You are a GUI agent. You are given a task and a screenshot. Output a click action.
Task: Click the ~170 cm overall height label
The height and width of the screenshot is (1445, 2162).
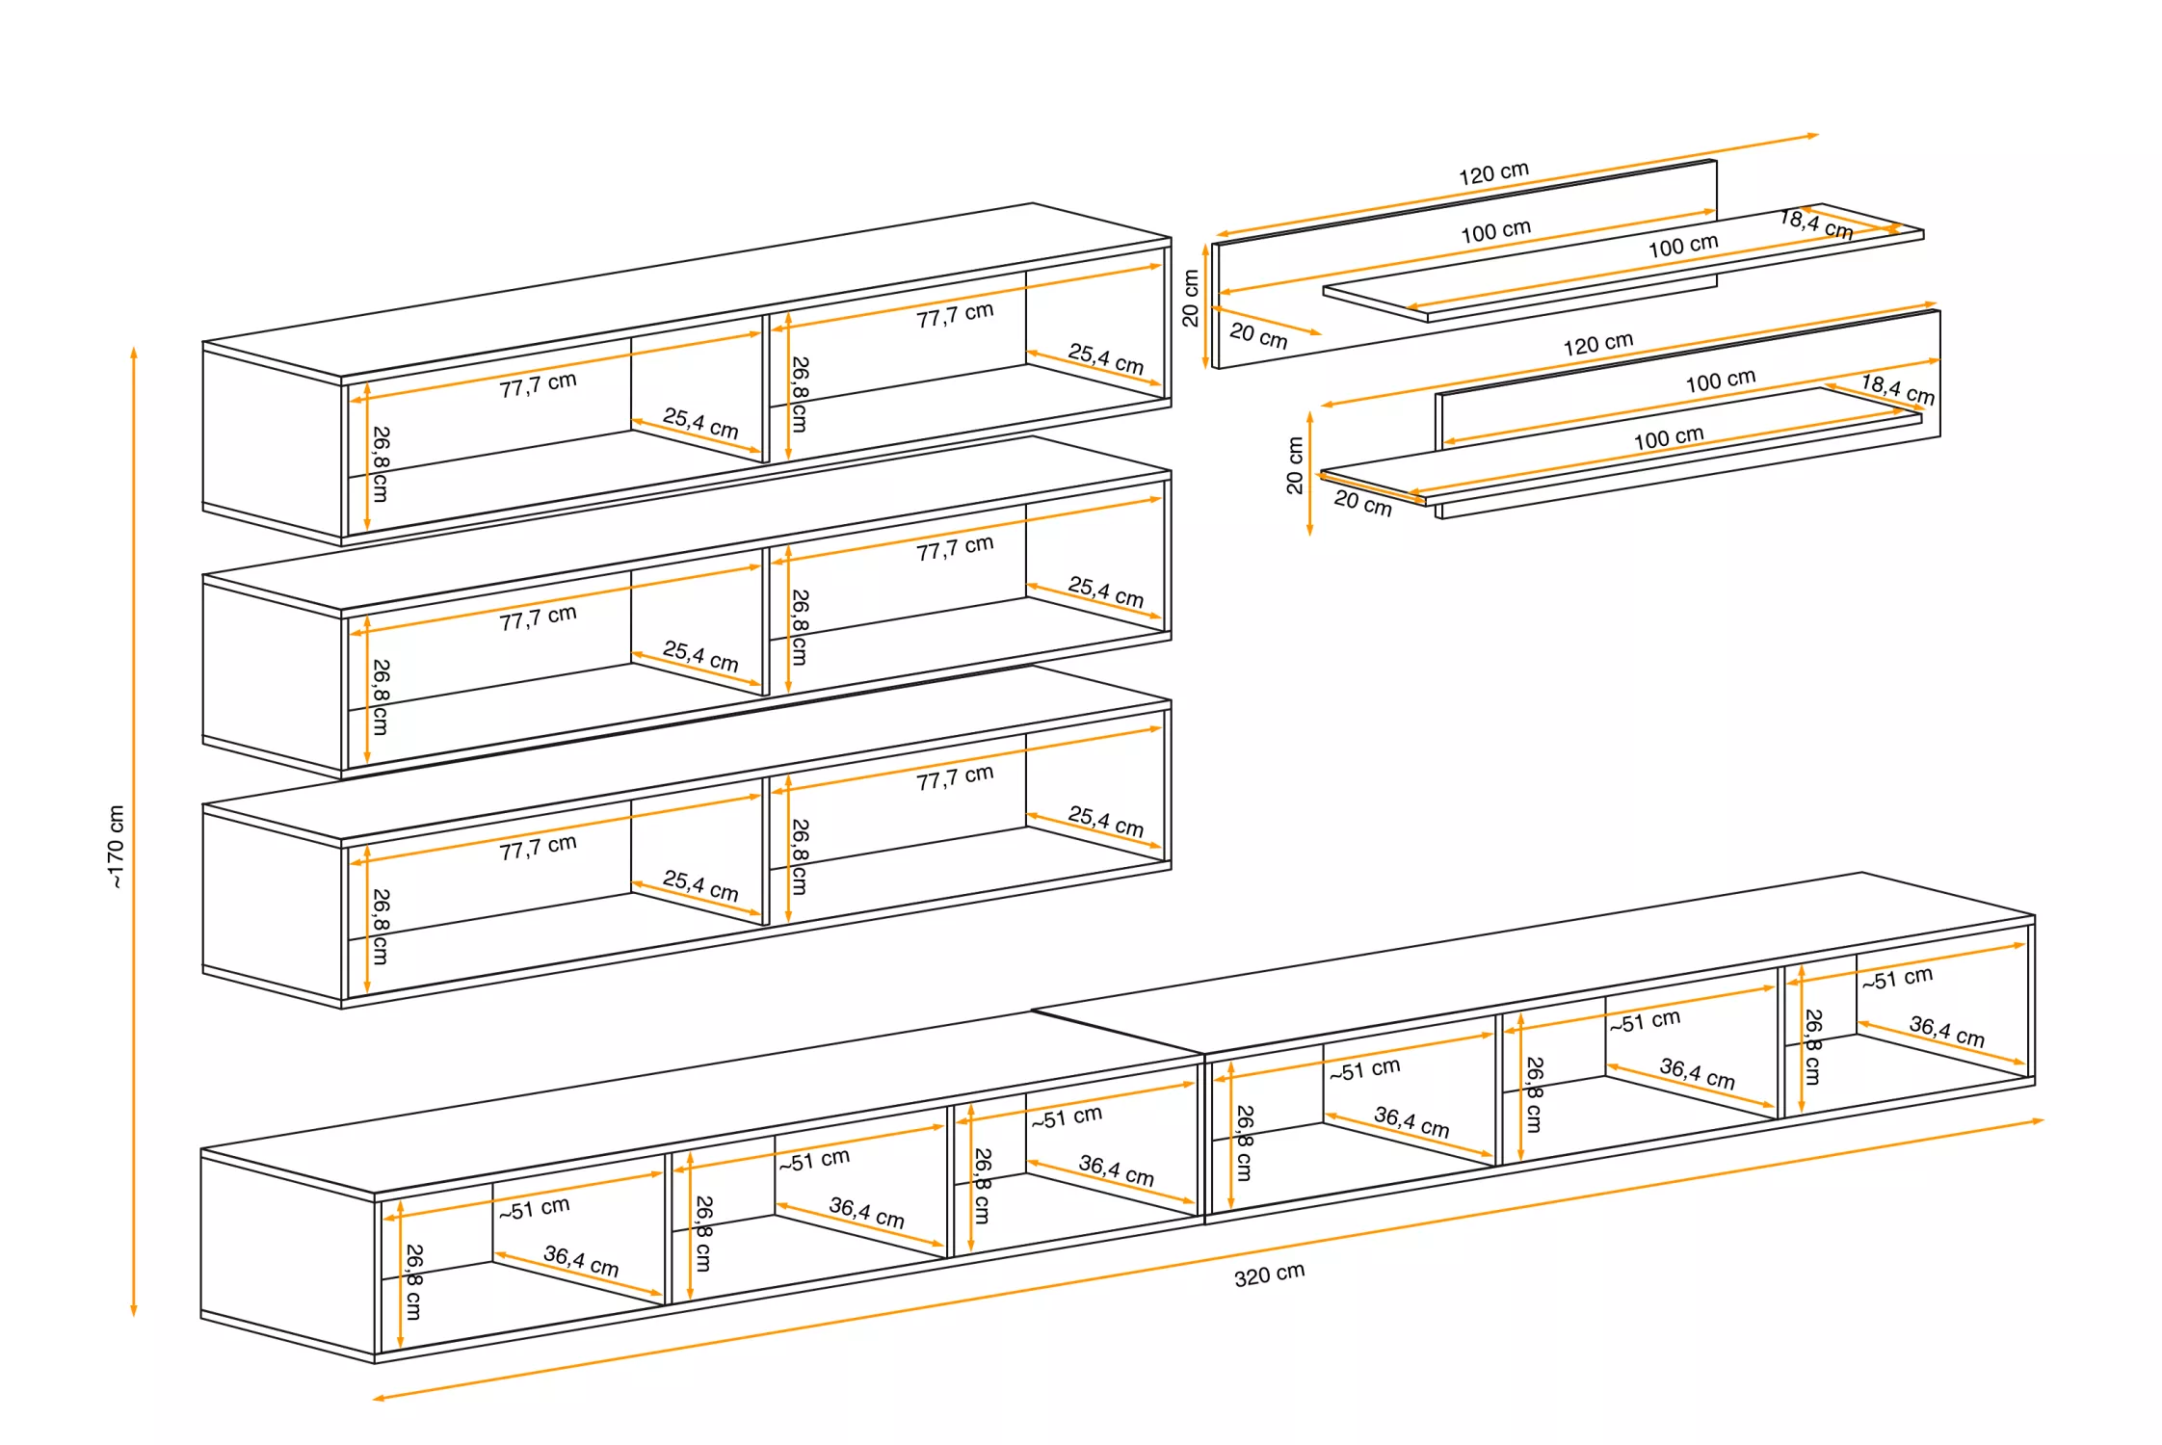coord(116,846)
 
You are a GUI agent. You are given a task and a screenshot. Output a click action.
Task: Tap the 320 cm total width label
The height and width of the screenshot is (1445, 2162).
coord(1269,1274)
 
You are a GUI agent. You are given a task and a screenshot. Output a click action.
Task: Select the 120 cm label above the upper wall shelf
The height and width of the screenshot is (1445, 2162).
coord(1493,173)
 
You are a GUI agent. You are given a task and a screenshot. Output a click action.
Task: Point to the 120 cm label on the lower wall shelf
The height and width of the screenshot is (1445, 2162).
coord(1597,344)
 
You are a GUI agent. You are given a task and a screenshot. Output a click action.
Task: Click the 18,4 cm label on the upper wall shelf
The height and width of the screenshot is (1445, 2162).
coord(1816,224)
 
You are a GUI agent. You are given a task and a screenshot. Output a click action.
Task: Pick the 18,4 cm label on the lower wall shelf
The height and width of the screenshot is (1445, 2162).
coord(1897,389)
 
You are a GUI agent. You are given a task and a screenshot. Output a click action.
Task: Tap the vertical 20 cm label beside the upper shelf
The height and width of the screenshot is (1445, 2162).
coord(1191,298)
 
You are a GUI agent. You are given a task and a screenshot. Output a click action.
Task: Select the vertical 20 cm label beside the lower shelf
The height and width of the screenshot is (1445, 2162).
coord(1295,465)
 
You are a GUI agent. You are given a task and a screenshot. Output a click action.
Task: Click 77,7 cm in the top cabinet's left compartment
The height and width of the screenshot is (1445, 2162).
coord(538,384)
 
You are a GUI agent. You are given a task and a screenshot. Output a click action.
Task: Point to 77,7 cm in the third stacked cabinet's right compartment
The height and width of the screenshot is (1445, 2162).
coord(955,777)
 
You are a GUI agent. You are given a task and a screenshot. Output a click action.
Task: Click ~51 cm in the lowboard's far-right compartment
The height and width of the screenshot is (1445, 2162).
coord(1897,979)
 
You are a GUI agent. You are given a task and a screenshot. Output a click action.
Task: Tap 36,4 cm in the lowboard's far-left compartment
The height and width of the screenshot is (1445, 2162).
coord(581,1261)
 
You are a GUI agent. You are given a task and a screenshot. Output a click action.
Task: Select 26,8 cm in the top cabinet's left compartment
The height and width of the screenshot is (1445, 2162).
coord(381,463)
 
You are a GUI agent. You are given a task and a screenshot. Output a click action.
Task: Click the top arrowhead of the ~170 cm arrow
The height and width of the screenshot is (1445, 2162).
coord(134,352)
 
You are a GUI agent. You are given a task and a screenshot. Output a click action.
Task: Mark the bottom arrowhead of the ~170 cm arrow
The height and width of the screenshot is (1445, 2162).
coord(134,1311)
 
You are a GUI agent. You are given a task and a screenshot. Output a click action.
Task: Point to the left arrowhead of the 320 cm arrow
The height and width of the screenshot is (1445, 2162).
coord(378,1398)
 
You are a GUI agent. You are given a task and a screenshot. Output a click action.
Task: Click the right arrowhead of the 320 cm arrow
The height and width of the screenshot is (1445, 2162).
coord(2039,1120)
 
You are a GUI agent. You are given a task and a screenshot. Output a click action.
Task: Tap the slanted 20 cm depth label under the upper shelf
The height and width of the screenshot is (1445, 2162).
coord(1258,335)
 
